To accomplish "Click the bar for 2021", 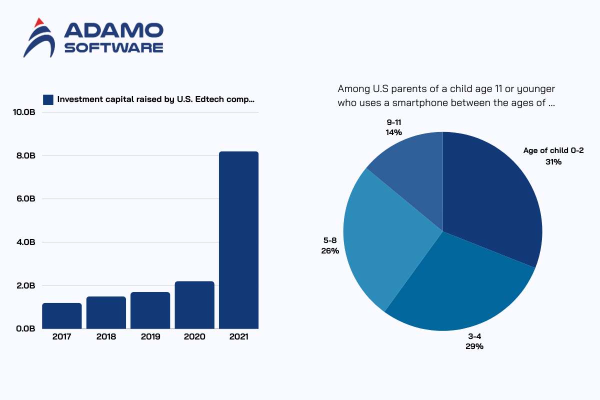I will point(238,240).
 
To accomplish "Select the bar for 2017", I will point(62,316).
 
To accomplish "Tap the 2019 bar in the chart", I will point(150,310).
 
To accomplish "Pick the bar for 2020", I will point(194,305).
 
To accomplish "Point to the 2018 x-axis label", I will point(106,337).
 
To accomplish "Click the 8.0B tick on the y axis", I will point(24,155).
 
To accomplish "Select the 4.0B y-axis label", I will point(24,242).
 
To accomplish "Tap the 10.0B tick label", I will point(23,112).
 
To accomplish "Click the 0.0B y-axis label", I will point(24,329).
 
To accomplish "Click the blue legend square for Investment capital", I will point(48,99).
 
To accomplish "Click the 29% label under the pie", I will point(474,346).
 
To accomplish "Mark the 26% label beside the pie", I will point(330,251).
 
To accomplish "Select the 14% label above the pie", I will point(393,132).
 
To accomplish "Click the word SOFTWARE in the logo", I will point(114,47).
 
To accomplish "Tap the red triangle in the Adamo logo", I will point(38,22).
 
